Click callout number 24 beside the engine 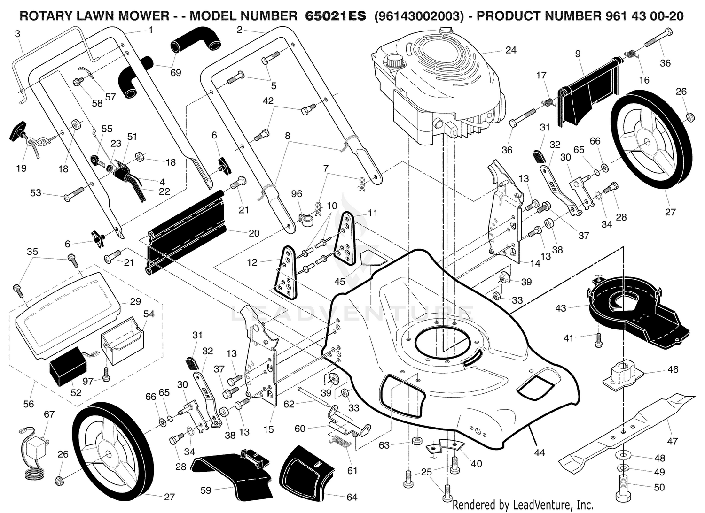(x=510, y=50)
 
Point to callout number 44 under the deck (x=539, y=452)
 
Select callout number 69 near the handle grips (x=176, y=73)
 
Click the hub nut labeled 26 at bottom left (x=60, y=481)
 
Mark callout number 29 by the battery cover (x=135, y=301)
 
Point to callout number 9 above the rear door (x=578, y=54)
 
